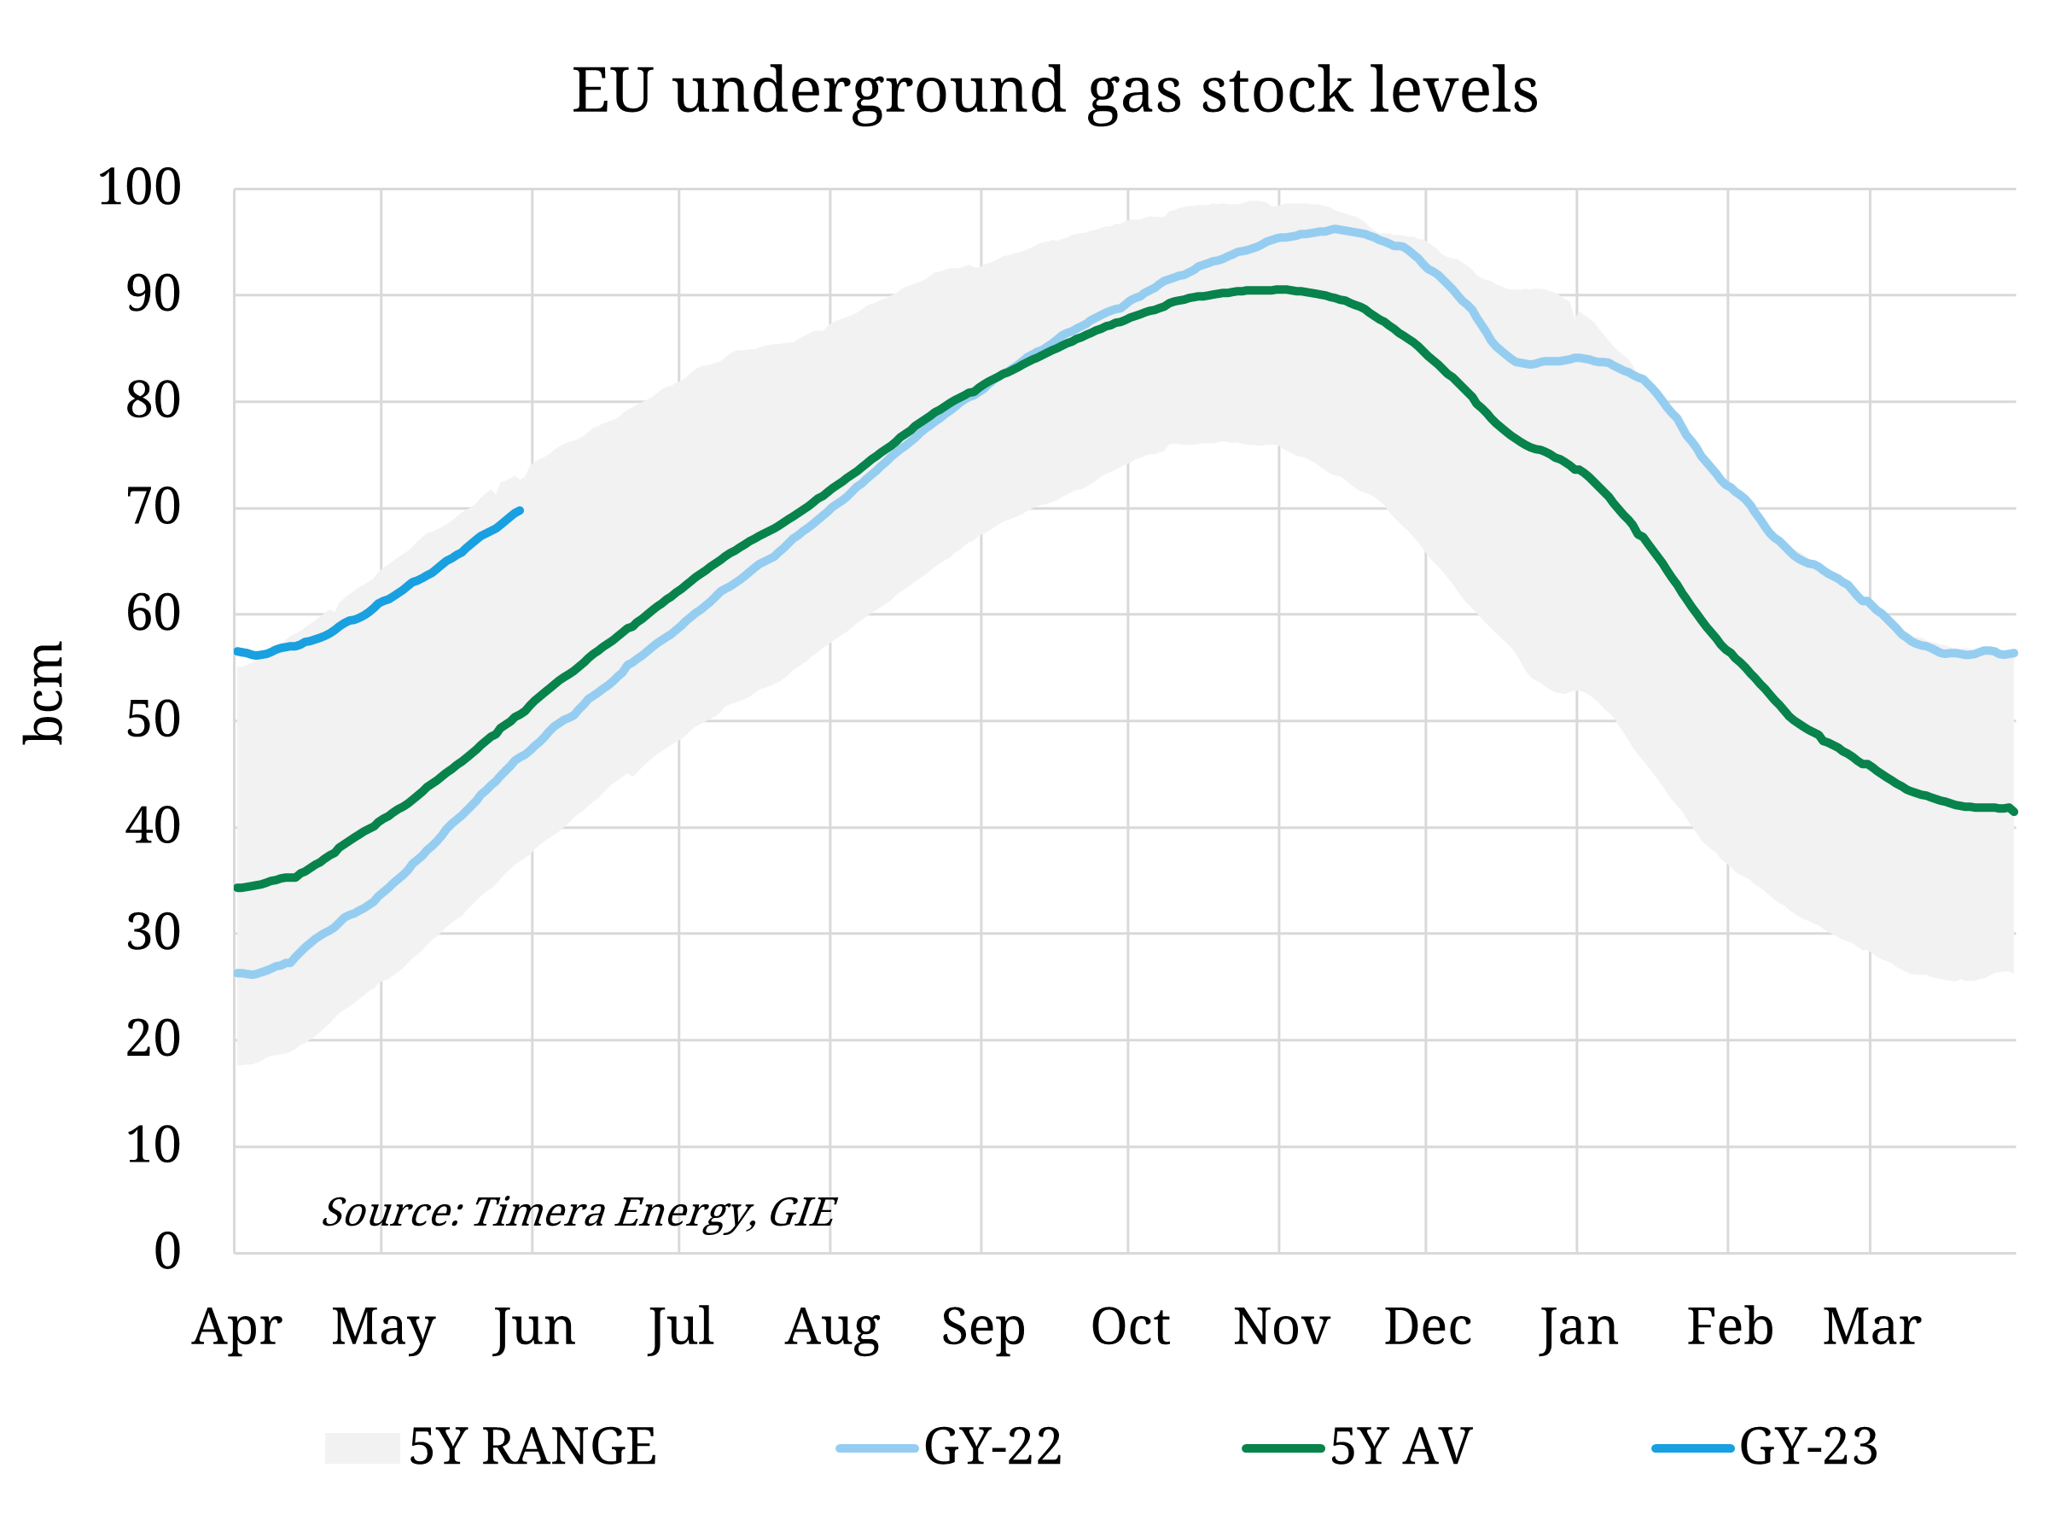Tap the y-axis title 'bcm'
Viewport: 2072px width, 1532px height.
tap(44, 693)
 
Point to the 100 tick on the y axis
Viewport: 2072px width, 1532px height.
tap(139, 189)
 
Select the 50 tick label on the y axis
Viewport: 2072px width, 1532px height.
tap(153, 720)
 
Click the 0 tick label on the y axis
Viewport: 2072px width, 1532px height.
tap(167, 1252)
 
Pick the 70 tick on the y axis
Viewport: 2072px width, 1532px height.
tap(153, 508)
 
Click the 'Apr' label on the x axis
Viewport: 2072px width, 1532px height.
tap(236, 1327)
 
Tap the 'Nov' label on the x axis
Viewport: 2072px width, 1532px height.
tap(1281, 1327)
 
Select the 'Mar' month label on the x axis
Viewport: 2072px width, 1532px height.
tap(1871, 1327)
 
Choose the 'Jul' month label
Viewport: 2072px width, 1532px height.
tap(680, 1327)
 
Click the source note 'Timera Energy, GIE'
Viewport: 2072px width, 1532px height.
tap(579, 1212)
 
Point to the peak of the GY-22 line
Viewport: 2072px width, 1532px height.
tap(1334, 228)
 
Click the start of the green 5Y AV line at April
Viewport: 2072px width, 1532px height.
tap(238, 888)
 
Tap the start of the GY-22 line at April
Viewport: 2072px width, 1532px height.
tap(238, 973)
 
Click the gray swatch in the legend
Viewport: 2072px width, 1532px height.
tap(362, 1448)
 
